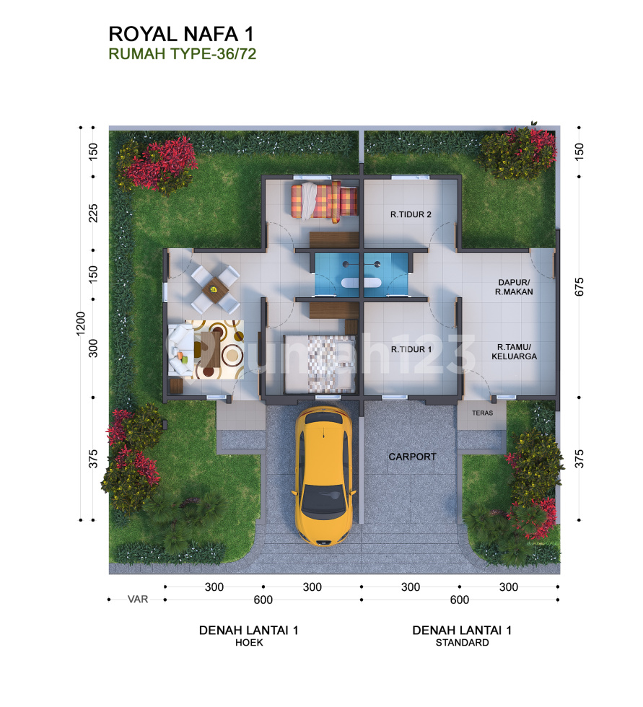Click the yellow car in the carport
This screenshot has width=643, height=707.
pos(324,475)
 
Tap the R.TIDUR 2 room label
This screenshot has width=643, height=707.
pos(411,215)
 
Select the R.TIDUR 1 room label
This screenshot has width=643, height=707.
pos(411,349)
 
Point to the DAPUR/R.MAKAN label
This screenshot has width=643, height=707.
pos(514,287)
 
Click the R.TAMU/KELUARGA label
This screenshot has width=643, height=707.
pos(514,352)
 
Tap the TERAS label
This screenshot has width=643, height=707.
pos(483,413)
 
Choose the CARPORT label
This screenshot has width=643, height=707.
pos(413,457)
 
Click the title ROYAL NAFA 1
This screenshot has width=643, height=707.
pos(181,35)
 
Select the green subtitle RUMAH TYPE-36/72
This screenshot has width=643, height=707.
pos(182,53)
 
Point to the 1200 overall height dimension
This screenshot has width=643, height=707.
pos(81,323)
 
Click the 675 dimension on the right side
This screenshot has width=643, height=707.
pos(579,287)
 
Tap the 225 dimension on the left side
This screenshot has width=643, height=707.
pos(93,214)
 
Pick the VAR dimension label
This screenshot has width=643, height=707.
pos(138,600)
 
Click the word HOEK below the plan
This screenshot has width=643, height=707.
pos(249,643)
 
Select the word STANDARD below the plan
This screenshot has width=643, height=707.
pos(462,643)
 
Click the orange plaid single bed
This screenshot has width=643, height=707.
pos(324,201)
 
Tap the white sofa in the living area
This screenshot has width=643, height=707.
pos(181,349)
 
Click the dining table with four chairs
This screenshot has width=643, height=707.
pos(216,289)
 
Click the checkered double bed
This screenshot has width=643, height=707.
pos(320,364)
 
